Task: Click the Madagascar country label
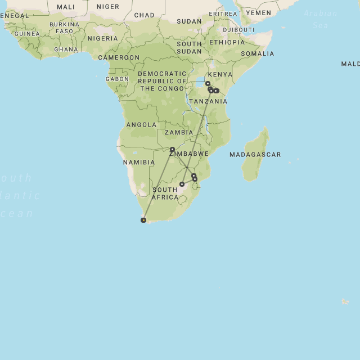pos(255,154)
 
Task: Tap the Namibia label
pos(139,162)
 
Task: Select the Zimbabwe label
pos(189,154)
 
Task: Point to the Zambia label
pos(179,132)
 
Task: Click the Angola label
pos(141,124)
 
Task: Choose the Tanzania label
pos(208,101)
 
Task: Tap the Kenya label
pos(220,74)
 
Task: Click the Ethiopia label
pos(227,42)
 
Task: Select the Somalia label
pos(258,53)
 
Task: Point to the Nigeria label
pos(103,38)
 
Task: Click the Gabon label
pos(117,79)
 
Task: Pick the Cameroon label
pos(119,57)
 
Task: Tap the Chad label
pos(145,15)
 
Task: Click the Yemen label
pos(258,12)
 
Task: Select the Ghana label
pos(66,49)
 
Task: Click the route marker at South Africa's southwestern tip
pos(143,220)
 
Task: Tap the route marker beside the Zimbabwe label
pos(172,149)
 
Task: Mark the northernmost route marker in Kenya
pos(208,83)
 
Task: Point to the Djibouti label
pos(238,29)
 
